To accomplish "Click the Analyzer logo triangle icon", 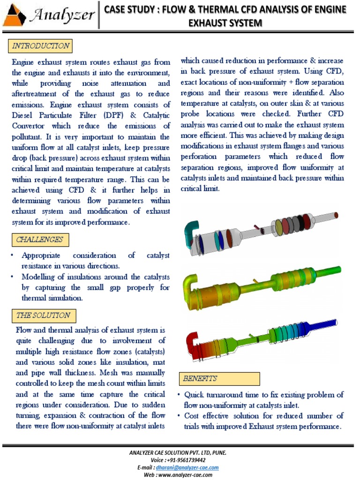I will tap(15, 15).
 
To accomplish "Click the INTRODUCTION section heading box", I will tap(40, 46).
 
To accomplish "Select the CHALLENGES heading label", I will tap(39, 240).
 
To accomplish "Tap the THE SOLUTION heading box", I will tap(43, 315).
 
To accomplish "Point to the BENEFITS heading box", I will tap(220, 379).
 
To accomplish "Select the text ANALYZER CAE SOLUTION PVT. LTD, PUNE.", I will tap(180, 453).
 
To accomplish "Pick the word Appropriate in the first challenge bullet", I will tap(41, 255).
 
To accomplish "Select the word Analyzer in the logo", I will tap(62, 15).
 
